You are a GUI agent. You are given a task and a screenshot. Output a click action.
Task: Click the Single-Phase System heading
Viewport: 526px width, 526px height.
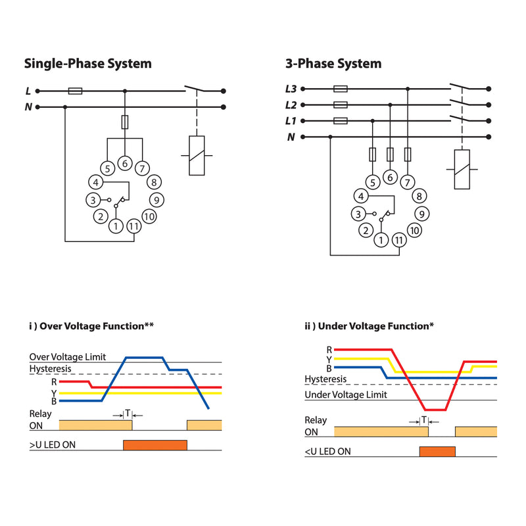point(87,64)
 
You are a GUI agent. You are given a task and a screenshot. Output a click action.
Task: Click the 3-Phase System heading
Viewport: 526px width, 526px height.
point(333,64)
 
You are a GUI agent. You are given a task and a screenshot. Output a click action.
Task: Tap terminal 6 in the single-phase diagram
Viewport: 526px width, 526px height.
point(124,163)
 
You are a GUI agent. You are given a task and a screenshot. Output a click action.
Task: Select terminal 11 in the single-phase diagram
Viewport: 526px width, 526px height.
point(133,226)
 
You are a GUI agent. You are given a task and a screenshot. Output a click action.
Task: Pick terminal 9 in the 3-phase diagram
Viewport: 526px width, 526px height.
point(422,213)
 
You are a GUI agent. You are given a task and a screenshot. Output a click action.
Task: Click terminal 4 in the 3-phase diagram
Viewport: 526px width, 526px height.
point(360,196)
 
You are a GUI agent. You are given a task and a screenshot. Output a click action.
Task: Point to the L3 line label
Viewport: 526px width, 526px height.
point(291,89)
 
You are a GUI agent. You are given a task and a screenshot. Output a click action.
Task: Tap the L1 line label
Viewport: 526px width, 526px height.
point(291,121)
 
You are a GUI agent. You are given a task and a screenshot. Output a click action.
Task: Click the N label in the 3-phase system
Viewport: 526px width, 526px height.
point(291,137)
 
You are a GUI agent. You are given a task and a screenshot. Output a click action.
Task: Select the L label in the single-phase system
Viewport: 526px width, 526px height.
point(28,91)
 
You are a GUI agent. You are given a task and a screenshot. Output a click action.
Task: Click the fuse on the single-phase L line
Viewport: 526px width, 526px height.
point(76,91)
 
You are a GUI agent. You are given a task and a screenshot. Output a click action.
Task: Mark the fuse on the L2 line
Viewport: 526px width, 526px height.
point(341,105)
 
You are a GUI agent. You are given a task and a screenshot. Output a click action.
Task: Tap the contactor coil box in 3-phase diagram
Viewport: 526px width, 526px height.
point(462,169)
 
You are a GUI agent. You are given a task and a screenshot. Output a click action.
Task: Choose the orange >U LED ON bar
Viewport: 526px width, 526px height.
point(155,445)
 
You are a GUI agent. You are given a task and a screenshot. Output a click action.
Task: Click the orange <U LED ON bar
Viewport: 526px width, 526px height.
point(437,451)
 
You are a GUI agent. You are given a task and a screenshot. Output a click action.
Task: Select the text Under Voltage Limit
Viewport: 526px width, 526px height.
point(345,394)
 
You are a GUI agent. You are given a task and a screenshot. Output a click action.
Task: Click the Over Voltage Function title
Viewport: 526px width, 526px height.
point(91,325)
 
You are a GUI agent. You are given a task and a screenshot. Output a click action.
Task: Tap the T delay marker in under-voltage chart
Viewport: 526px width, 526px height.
point(424,419)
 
